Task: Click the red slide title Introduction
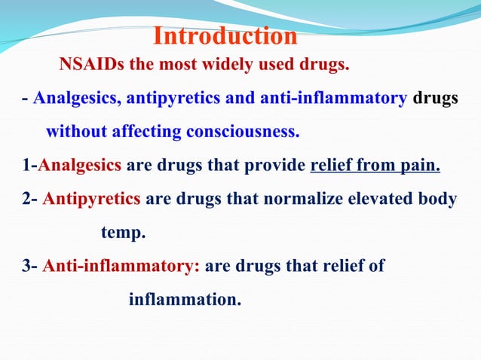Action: click(225, 36)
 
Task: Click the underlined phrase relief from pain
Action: click(375, 166)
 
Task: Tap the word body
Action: click(437, 200)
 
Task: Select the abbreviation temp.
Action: click(123, 233)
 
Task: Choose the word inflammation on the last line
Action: click(185, 299)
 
